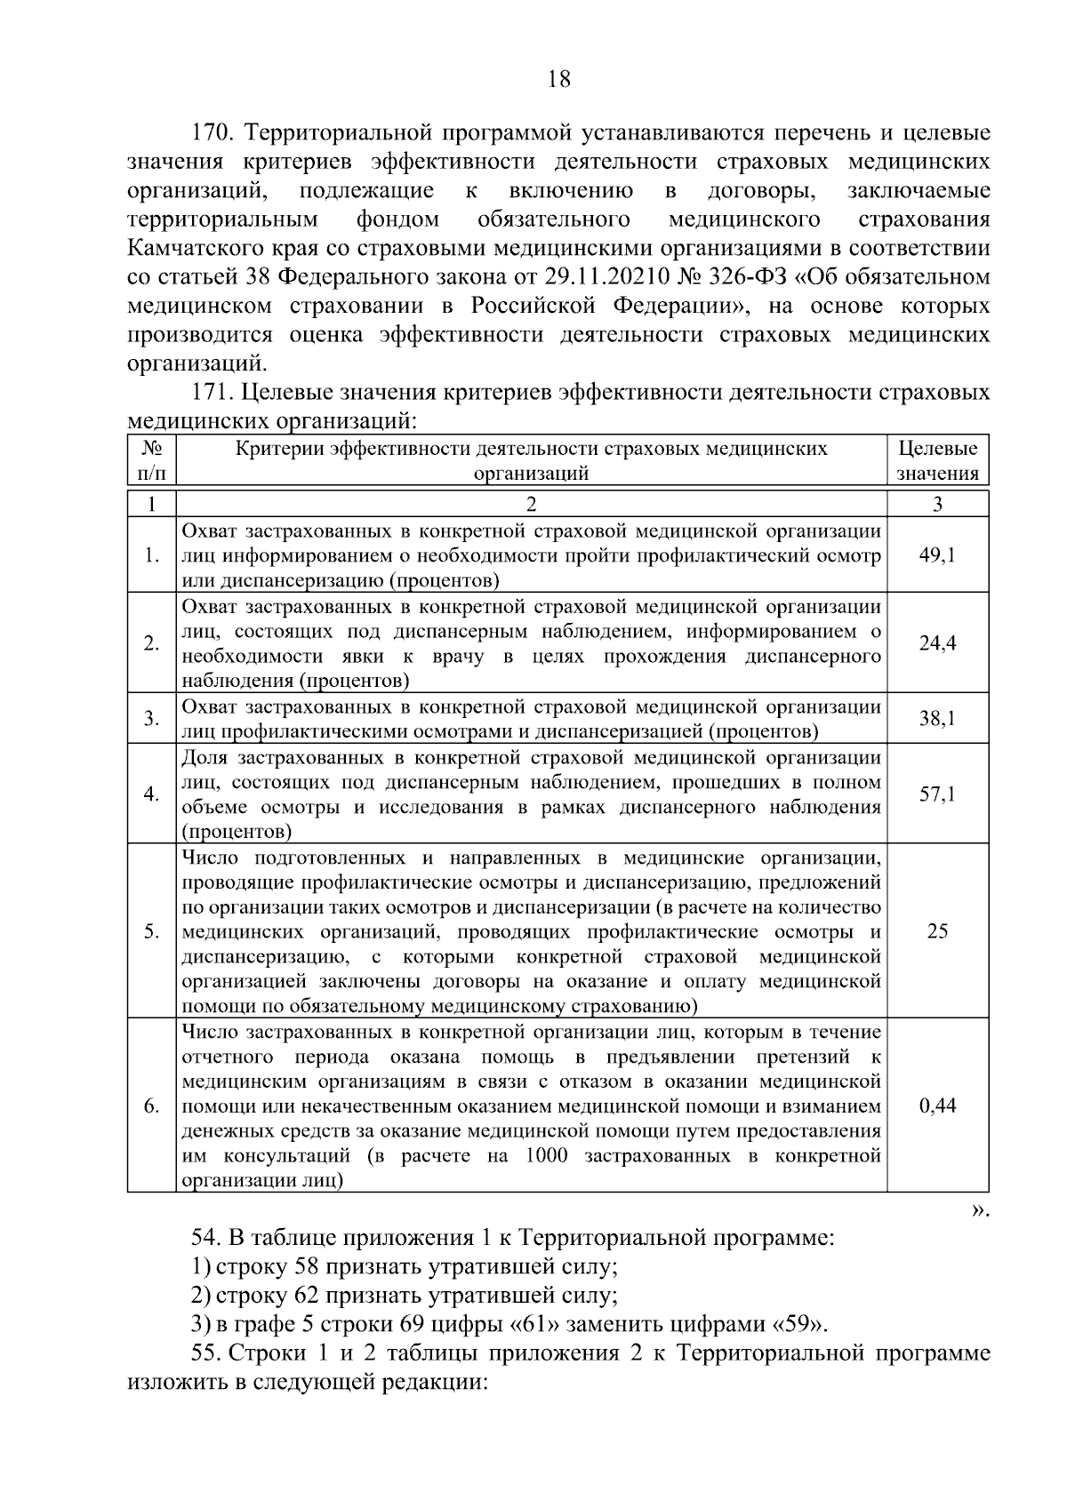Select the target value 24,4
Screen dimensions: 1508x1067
tap(937, 643)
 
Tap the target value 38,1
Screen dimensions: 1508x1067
tap(937, 718)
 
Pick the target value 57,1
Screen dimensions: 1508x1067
tap(937, 794)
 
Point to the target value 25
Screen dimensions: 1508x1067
tap(937, 931)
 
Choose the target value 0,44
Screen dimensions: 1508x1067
tap(937, 1106)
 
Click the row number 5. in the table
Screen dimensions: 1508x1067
tap(152, 931)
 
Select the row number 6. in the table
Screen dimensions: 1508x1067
tap(152, 1106)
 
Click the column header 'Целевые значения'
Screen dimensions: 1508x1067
tap(937, 461)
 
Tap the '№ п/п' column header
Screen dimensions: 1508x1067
tap(152, 461)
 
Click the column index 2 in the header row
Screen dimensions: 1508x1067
tap(531, 504)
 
